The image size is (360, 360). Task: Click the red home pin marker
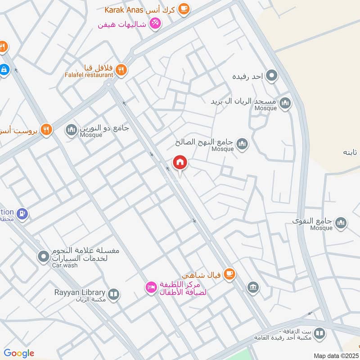coord(180,163)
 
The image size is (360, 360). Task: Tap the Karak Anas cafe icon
coord(184,9)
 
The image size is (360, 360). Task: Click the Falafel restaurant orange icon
coord(121,70)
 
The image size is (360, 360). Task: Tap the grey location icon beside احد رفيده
coord(271,75)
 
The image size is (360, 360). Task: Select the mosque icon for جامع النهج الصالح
coord(243,144)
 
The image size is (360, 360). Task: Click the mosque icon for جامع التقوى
coord(341,223)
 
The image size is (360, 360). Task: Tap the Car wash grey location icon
coord(44,256)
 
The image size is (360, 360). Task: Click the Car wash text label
coord(64,265)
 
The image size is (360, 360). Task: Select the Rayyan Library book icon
coord(114,294)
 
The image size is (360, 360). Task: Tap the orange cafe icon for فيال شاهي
coord(229,273)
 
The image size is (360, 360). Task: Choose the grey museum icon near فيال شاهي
coord(253,287)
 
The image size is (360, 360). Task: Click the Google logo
coord(19,353)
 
